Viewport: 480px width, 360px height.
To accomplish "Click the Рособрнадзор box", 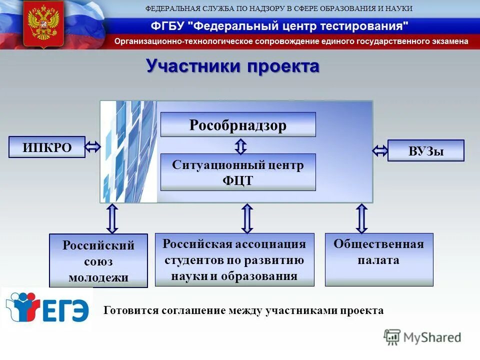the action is pos(238,124).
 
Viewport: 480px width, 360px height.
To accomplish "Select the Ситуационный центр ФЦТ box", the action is pos(238,172).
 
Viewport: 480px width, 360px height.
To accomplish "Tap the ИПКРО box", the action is pos(47,147).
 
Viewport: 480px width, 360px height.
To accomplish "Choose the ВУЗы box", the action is pos(426,150).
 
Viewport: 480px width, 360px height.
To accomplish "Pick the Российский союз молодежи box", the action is pos(98,260).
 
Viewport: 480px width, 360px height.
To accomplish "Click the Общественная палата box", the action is pos(378,259).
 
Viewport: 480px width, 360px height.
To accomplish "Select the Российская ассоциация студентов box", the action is pos(234,259).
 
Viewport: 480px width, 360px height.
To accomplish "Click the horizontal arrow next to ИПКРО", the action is pos(93,147).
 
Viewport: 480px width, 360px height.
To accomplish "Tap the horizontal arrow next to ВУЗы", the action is pos(380,150).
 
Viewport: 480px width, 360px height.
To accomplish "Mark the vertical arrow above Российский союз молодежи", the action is pos(112,218).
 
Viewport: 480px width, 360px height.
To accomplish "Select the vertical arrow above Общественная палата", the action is pos(361,218).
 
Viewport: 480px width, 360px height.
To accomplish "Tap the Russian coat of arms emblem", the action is pos(43,24).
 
